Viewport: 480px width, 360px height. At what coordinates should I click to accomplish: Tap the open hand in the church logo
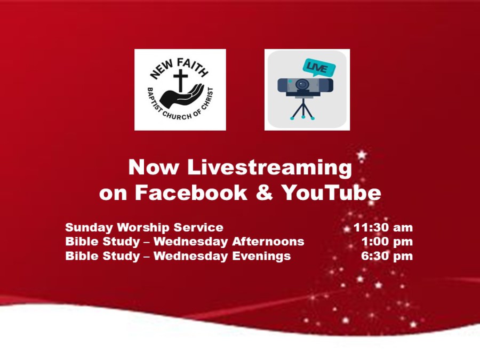[182, 95]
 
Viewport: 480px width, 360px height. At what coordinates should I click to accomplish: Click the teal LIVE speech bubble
[319, 67]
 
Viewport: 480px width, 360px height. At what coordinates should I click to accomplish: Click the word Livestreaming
[269, 167]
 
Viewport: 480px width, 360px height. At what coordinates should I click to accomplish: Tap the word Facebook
[191, 193]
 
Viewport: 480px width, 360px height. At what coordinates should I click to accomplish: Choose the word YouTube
[331, 193]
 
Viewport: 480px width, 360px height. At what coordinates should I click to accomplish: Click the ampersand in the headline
[264, 193]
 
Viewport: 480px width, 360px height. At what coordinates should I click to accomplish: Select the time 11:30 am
[383, 227]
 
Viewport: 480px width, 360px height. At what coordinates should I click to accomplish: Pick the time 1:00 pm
[387, 242]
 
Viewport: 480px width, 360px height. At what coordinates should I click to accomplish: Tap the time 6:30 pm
[387, 255]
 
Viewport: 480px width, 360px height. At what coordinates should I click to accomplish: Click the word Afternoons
[268, 241]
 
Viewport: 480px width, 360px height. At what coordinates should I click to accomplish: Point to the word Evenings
[261, 256]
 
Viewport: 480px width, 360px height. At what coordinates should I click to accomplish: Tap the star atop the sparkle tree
[362, 155]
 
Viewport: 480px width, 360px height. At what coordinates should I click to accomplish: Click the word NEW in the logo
[161, 70]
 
